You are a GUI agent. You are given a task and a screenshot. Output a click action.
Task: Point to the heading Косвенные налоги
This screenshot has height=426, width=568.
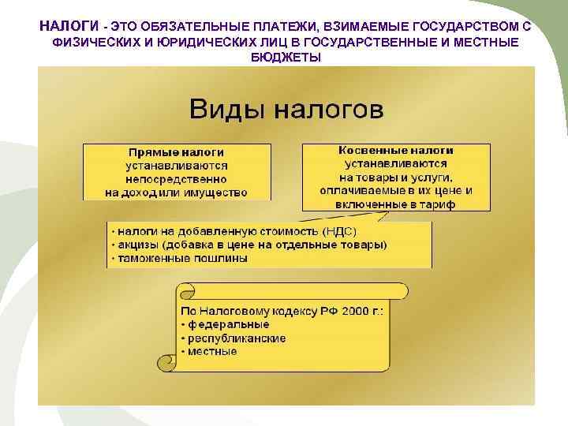[x=396, y=150]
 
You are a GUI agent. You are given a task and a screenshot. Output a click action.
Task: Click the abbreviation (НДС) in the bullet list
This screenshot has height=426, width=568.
[x=340, y=231]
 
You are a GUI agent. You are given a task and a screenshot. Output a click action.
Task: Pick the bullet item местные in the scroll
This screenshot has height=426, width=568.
[x=212, y=351]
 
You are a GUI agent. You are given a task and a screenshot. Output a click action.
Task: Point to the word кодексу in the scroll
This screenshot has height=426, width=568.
[x=290, y=311]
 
